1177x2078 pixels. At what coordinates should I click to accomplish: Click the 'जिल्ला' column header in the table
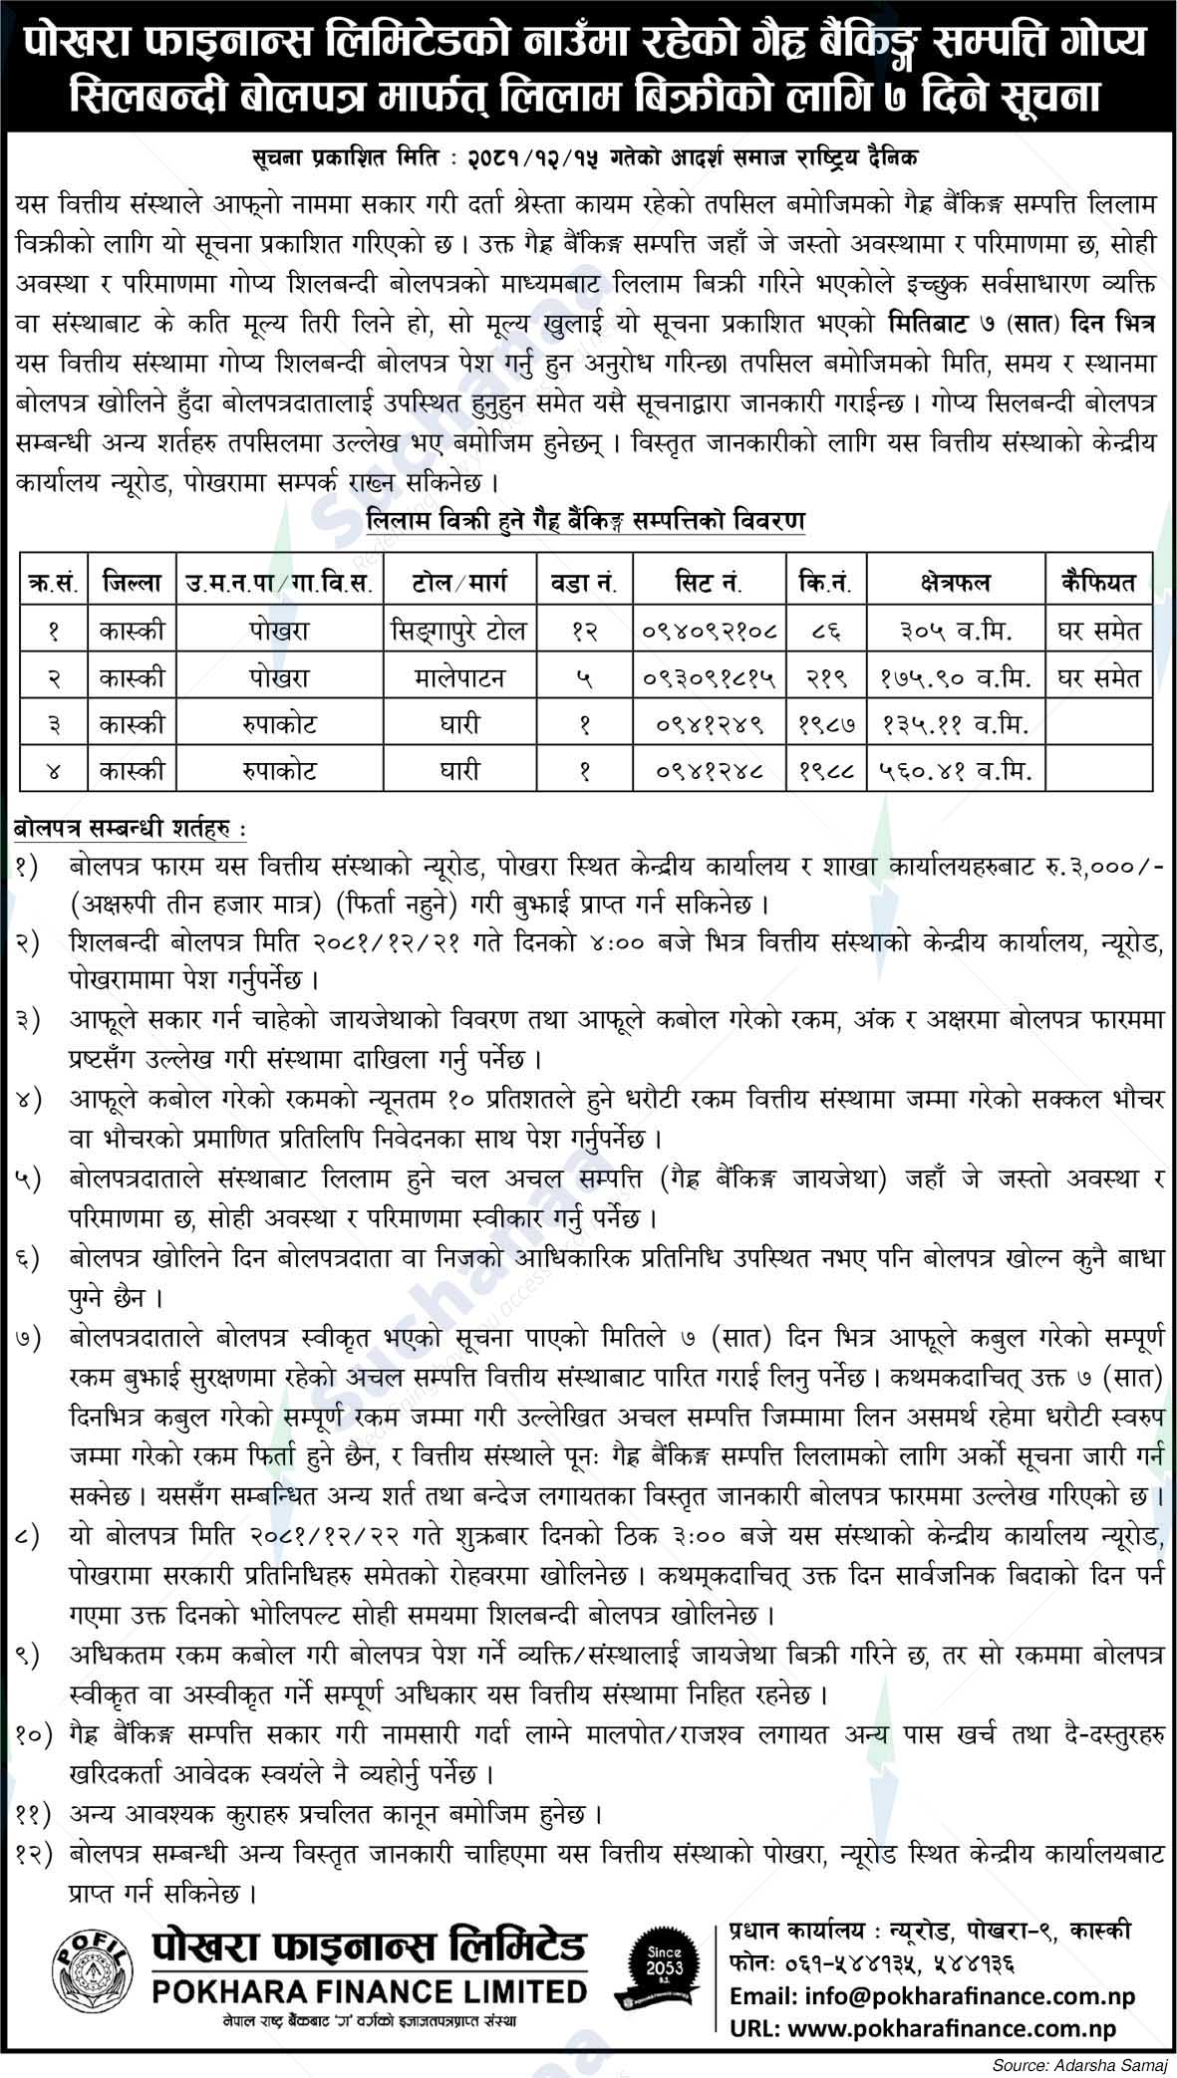pyautogui.click(x=130, y=581)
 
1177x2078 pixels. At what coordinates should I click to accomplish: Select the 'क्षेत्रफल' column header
pyautogui.click(x=955, y=581)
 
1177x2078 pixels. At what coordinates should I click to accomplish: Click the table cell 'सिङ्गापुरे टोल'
pyautogui.click(x=463, y=631)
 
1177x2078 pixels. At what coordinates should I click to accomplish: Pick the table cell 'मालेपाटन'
pyautogui.click(x=463, y=678)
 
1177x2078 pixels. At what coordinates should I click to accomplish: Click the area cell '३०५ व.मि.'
pyautogui.click(x=955, y=631)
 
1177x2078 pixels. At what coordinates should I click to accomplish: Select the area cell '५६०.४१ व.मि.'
pyautogui.click(x=955, y=771)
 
